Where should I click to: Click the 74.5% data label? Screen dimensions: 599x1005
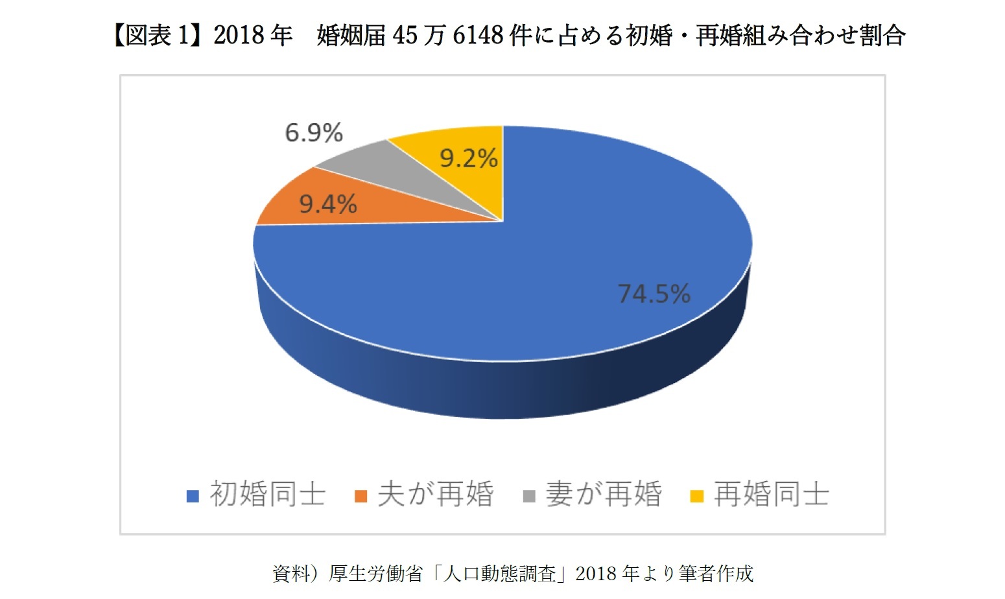pyautogui.click(x=654, y=294)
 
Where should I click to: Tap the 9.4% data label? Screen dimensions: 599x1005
pyautogui.click(x=328, y=205)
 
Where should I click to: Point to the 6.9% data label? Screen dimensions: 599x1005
pyautogui.click(x=314, y=134)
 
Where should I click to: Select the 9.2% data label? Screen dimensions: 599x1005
pyautogui.click(x=468, y=158)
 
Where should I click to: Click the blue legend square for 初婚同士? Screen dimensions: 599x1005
pyautogui.click(x=193, y=497)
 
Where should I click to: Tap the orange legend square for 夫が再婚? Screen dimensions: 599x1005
pyautogui.click(x=361, y=497)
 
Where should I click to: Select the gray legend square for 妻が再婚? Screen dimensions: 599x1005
pyautogui.click(x=529, y=497)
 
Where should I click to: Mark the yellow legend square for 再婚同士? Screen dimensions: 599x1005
pyautogui.click(x=697, y=497)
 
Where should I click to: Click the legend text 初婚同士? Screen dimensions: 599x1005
pyautogui.click(x=267, y=495)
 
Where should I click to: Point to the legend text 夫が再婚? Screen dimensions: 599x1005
pyautogui.click(x=435, y=495)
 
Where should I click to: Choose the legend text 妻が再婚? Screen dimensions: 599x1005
pyautogui.click(x=603, y=495)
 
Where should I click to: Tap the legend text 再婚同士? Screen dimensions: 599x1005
pyautogui.click(x=771, y=495)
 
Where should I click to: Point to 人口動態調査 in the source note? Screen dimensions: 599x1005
pyautogui.click(x=499, y=574)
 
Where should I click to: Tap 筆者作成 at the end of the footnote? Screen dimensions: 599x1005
pyautogui.click(x=716, y=574)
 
